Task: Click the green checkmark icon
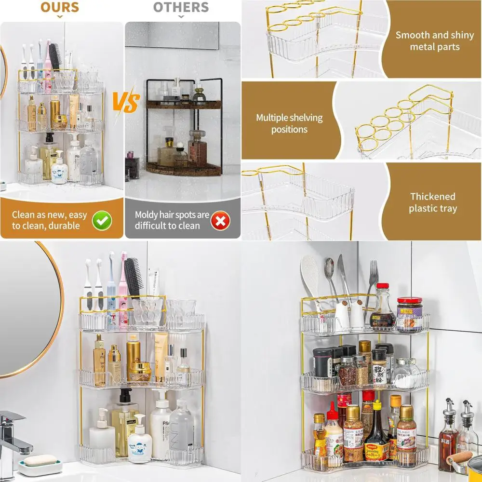[102, 220]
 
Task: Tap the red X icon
[220, 221]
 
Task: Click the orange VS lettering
[126, 102]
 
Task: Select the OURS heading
[59, 7]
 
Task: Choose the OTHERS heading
[181, 7]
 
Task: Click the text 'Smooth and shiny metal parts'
[435, 41]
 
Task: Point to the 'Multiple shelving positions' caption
[289, 123]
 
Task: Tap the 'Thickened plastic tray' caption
[433, 202]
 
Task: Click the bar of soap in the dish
[40, 460]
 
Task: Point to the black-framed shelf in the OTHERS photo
[184, 128]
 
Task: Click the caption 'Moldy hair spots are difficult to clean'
[172, 220]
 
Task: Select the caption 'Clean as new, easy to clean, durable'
[49, 220]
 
